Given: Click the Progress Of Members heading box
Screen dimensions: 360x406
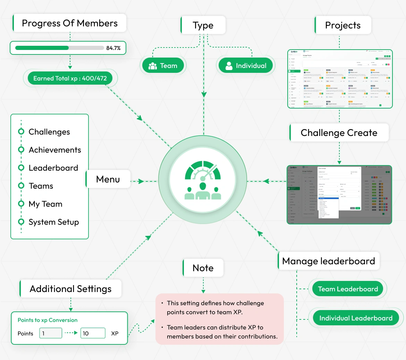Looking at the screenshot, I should tap(69, 23).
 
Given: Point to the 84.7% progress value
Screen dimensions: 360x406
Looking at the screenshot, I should tap(113, 48).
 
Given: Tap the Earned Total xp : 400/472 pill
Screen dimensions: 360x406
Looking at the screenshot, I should tap(70, 78).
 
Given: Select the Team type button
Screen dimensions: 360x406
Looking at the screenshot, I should tap(163, 66).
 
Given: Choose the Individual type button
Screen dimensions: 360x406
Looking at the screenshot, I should tap(246, 66).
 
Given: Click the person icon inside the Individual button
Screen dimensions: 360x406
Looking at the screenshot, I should tap(229, 66).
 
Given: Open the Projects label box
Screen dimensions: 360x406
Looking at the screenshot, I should tap(343, 25).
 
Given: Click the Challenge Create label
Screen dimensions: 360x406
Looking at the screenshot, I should tap(339, 133).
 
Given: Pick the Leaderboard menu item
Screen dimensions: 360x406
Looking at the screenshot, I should tap(53, 168).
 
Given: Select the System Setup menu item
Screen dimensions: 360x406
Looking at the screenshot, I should tap(54, 222).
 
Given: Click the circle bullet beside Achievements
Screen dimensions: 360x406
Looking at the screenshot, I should tap(21, 150).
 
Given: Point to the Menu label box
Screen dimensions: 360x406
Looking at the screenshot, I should tap(108, 179).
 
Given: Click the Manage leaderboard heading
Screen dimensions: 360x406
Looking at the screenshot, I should tap(329, 261).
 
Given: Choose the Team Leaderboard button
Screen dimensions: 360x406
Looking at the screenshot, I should tap(348, 289).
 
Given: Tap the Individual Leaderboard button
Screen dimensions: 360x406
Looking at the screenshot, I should tap(356, 318).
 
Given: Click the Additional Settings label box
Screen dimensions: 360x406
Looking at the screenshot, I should tap(71, 289).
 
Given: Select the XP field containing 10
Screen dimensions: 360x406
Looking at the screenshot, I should tap(93, 333).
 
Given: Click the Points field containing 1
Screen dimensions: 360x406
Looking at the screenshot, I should tap(51, 333).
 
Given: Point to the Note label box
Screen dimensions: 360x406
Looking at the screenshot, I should tap(203, 268).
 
